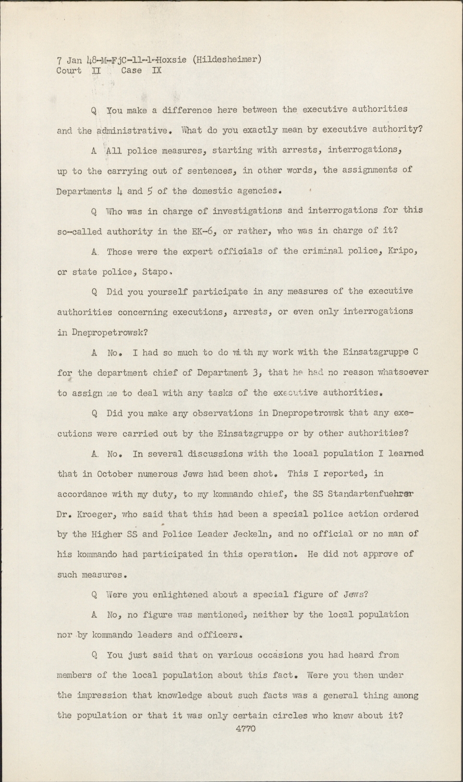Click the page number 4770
(245, 729)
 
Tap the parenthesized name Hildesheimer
(227, 60)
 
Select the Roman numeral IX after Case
(156, 71)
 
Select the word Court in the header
(69, 71)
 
